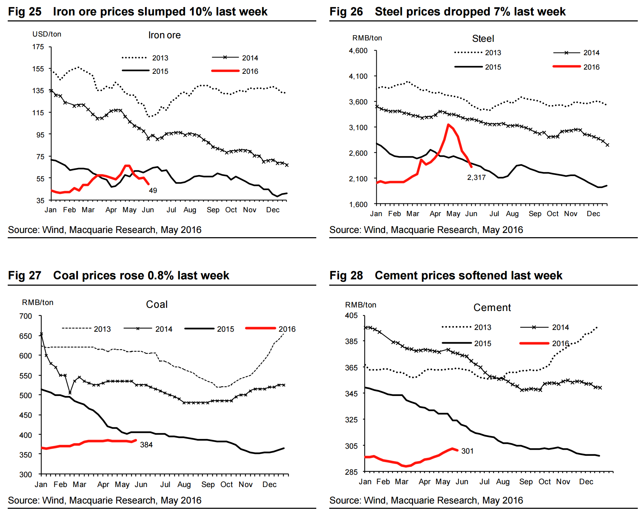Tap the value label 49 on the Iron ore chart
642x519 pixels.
(x=153, y=190)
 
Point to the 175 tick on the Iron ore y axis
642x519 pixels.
(x=38, y=47)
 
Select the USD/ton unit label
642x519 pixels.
(x=47, y=34)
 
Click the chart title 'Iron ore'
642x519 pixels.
(x=164, y=35)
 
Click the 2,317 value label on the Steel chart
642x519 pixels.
(x=476, y=177)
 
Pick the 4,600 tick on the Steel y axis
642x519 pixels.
(x=358, y=51)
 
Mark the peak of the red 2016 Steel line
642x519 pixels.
(x=448, y=124)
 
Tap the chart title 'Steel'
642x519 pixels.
(x=483, y=39)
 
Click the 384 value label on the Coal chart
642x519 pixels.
(x=146, y=445)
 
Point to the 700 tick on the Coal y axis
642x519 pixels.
(x=26, y=316)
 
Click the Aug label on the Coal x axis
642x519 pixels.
(x=184, y=485)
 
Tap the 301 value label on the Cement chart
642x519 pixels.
(x=467, y=451)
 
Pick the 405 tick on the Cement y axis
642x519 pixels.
(x=351, y=316)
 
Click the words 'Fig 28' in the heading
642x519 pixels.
(x=346, y=275)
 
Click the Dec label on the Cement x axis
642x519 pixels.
(x=586, y=482)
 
